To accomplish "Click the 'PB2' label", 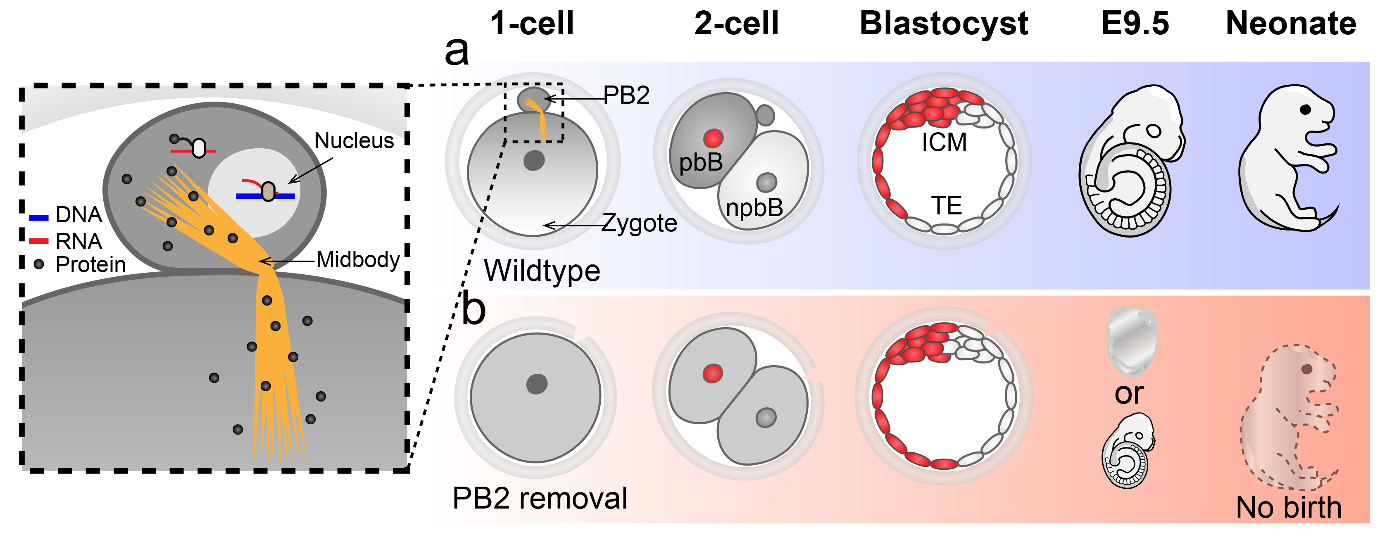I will click(x=626, y=96).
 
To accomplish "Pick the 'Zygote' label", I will click(x=639, y=223).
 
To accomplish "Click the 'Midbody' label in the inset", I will click(x=358, y=260).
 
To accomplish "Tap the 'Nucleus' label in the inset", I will click(x=354, y=141).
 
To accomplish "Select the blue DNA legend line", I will click(x=39, y=218).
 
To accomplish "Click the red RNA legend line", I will click(x=39, y=240).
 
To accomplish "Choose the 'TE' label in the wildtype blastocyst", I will click(x=947, y=206).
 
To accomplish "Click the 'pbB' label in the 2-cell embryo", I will click(x=700, y=162).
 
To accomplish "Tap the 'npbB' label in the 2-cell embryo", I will click(x=754, y=208).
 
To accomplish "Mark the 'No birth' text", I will click(x=1289, y=508).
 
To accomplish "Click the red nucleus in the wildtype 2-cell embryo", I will click(x=714, y=138).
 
